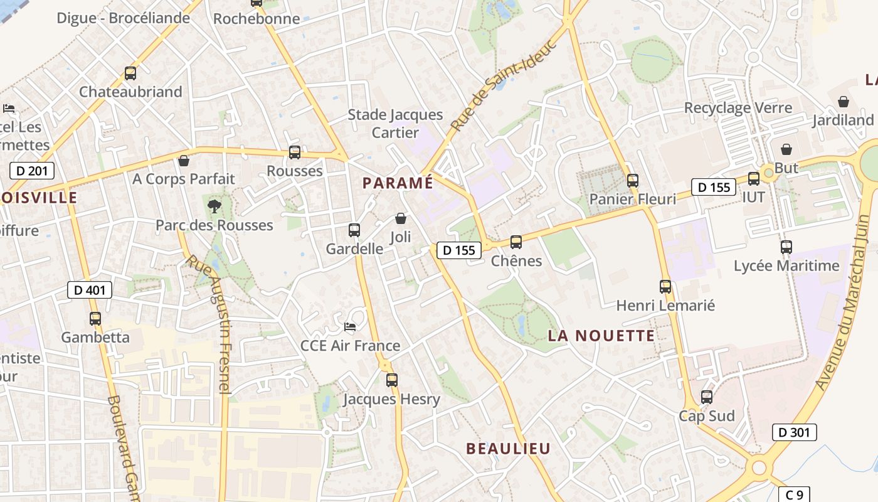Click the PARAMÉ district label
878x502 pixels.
click(x=398, y=183)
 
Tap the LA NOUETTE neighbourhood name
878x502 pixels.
click(x=601, y=336)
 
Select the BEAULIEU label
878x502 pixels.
click(x=508, y=449)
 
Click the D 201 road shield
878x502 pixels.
click(x=32, y=170)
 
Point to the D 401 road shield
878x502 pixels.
click(x=90, y=290)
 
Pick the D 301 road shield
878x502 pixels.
click(x=794, y=432)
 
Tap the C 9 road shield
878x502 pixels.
click(x=794, y=494)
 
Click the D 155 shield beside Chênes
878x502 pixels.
click(x=459, y=250)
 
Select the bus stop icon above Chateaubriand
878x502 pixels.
click(x=130, y=73)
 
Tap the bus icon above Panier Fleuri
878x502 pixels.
click(x=633, y=181)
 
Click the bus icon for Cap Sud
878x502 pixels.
click(x=707, y=397)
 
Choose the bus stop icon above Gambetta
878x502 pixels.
click(x=95, y=319)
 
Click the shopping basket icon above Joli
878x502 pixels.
click(x=401, y=218)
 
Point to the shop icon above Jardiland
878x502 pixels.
click(x=844, y=102)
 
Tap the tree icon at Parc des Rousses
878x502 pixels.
click(x=214, y=205)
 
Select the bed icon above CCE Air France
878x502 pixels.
click(x=350, y=327)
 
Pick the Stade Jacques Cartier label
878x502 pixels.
click(x=395, y=124)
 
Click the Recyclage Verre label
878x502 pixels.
click(x=738, y=107)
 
